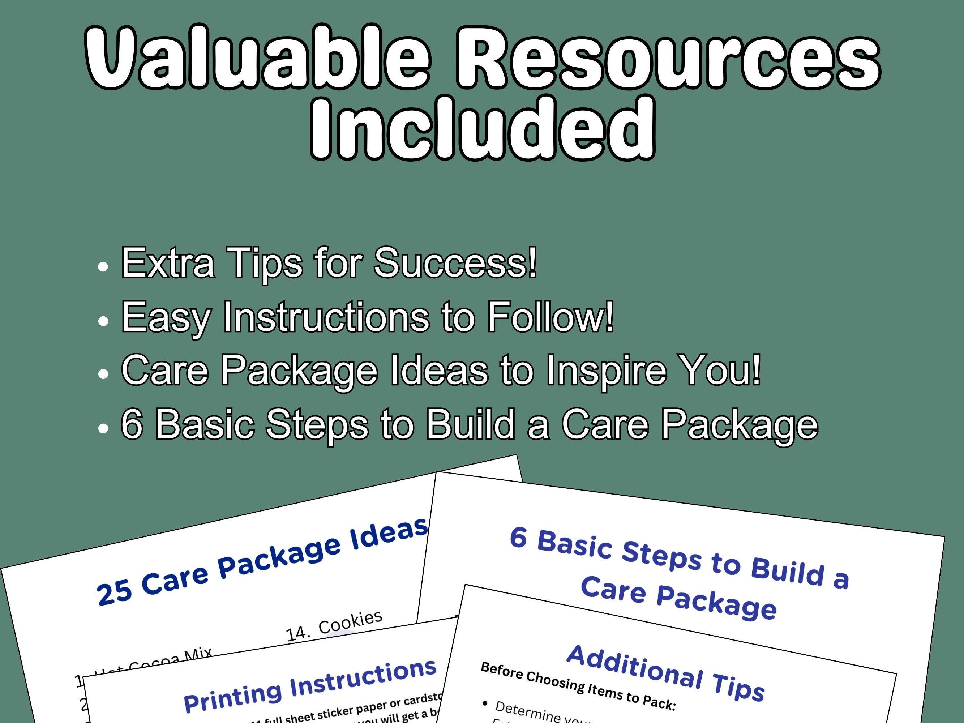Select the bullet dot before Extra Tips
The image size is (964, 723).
tap(103, 267)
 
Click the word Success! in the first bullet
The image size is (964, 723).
tap(455, 262)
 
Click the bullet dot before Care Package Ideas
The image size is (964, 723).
tap(103, 374)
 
